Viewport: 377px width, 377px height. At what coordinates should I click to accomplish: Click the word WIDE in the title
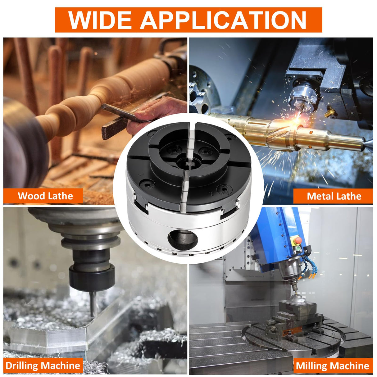100,20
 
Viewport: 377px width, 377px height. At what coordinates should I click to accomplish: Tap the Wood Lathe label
45,196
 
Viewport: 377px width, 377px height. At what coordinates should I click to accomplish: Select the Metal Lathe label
334,196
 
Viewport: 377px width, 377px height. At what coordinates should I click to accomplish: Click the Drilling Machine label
43,366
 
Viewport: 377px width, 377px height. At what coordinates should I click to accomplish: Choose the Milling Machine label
332,366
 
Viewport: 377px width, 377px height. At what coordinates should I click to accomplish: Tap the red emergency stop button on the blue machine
298,241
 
